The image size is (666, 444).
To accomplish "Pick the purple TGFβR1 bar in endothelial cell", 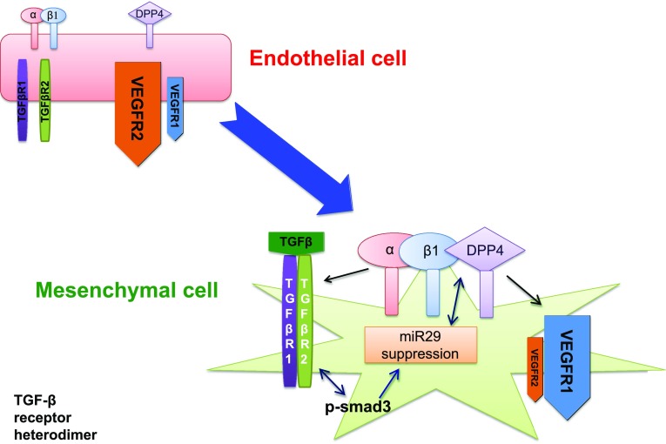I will click(x=24, y=99).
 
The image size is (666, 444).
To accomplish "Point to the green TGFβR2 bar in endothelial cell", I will click(x=44, y=96).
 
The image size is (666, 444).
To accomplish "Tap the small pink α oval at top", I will click(x=35, y=14).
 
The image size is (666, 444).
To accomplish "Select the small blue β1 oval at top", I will click(x=54, y=14).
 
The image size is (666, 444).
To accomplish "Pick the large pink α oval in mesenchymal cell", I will click(x=390, y=249).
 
